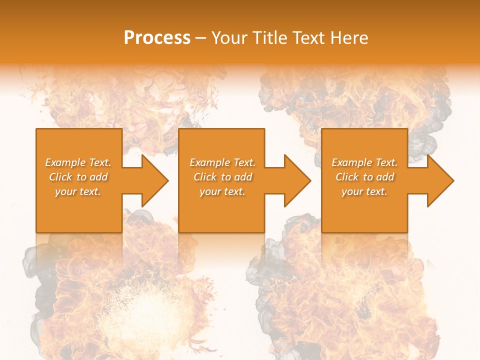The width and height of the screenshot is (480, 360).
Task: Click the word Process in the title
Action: coord(157,38)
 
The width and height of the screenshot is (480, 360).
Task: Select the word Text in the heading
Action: coord(307,38)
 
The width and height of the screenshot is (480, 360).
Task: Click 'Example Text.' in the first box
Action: coord(78,162)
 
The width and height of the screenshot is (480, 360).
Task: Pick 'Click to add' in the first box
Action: coord(78,177)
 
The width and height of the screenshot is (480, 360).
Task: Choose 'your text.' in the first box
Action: coord(78,191)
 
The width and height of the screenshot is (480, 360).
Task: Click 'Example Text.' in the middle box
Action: coord(222,162)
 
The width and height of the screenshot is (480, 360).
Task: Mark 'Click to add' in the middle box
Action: coord(222,177)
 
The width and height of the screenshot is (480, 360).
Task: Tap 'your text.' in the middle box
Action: coord(222,191)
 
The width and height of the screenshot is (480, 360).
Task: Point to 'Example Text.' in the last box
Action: coord(364,162)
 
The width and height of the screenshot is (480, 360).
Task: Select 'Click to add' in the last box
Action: coord(364,177)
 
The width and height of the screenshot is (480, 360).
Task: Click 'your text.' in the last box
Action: coord(364,191)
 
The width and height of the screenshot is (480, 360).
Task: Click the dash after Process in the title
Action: coord(200,38)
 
